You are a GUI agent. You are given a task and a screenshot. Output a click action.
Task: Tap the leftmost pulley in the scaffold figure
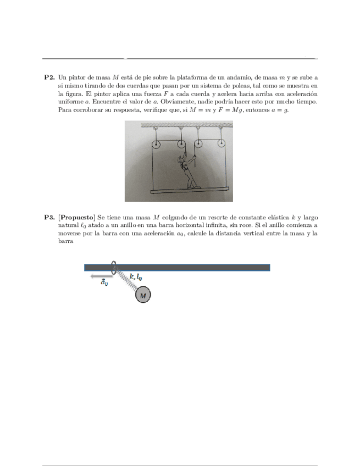(156, 145)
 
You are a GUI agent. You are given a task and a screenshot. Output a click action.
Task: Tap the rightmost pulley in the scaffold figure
(221, 145)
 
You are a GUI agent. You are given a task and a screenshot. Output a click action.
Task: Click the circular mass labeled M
(143, 296)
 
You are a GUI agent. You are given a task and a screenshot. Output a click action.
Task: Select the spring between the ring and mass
(128, 281)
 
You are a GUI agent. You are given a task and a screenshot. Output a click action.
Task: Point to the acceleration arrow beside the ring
(99, 276)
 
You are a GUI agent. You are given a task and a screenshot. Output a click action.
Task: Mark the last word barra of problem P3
(65, 241)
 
